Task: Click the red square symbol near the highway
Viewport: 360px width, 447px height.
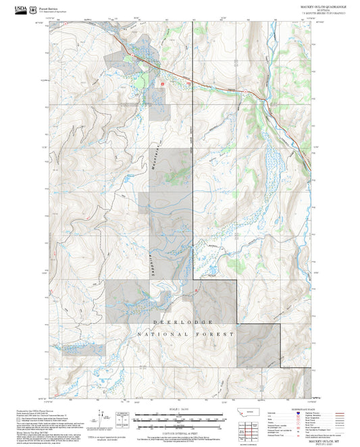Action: coord(162,84)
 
